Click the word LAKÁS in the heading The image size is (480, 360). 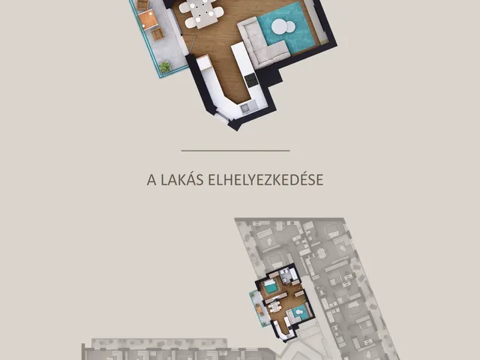[182, 180]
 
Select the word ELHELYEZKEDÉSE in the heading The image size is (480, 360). [265, 179]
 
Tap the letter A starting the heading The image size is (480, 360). [151, 180]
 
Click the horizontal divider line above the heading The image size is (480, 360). [235, 151]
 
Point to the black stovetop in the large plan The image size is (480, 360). [251, 80]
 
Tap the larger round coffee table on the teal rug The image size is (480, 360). [279, 27]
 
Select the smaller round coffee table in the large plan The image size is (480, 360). [290, 27]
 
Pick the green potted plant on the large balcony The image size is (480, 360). [165, 67]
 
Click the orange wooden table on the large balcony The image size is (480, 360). [148, 19]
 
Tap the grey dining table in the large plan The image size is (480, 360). [202, 13]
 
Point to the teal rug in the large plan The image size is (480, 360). [287, 28]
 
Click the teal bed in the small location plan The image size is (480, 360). [270, 286]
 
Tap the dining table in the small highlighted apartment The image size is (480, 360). [274, 307]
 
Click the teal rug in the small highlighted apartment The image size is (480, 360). [298, 312]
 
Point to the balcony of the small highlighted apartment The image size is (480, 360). [257, 308]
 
